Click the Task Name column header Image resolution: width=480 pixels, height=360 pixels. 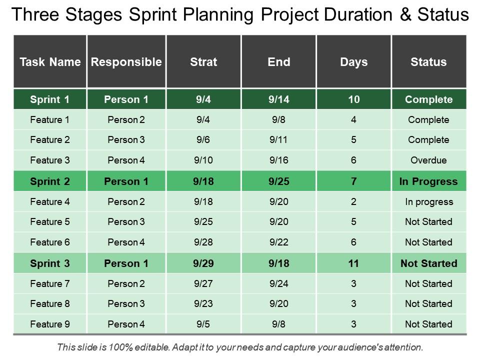(50, 62)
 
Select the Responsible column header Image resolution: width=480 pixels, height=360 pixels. (126, 62)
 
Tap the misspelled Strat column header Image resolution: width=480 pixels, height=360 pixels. (203, 62)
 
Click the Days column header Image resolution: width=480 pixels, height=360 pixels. (353, 62)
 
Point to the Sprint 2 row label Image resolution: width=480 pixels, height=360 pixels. (50, 181)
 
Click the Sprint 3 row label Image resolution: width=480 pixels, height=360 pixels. (50, 263)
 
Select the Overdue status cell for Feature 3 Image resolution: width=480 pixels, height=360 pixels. (428, 160)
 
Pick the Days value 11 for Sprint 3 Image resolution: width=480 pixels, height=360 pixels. (353, 263)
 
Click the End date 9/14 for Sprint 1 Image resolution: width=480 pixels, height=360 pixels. (278, 99)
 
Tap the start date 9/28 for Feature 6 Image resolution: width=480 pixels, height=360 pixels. (203, 242)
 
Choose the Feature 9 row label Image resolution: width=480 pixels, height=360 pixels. (50, 324)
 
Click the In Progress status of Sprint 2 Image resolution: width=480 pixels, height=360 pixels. (428, 181)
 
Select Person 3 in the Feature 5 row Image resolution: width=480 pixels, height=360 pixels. (126, 222)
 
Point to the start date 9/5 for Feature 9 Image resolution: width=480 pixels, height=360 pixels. (203, 324)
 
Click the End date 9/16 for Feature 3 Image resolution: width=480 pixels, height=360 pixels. (278, 160)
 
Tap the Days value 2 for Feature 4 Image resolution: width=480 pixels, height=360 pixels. (353, 202)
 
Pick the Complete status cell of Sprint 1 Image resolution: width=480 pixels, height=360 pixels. (428, 99)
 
